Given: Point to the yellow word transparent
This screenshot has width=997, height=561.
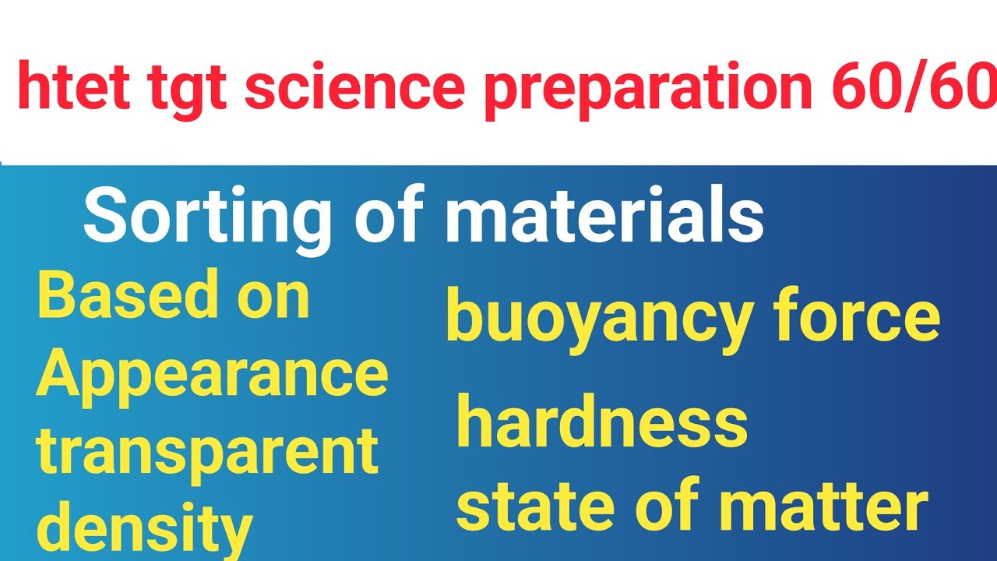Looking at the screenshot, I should click(x=207, y=453).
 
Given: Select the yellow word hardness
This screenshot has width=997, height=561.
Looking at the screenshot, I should click(x=601, y=423).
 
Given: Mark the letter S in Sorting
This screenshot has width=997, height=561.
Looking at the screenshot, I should click(x=105, y=218).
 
